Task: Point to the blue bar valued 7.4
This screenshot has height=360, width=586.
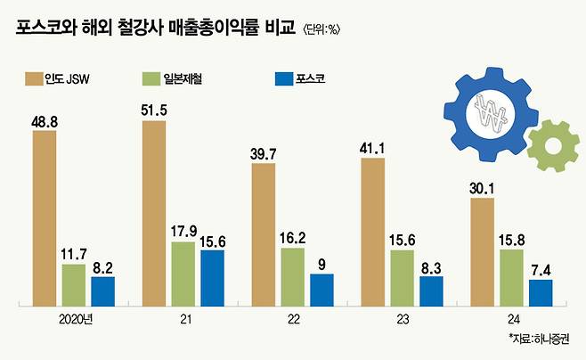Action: [x=540, y=290]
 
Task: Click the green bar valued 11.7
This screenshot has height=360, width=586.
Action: [x=73, y=282]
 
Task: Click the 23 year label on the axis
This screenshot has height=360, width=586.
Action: [x=402, y=318]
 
